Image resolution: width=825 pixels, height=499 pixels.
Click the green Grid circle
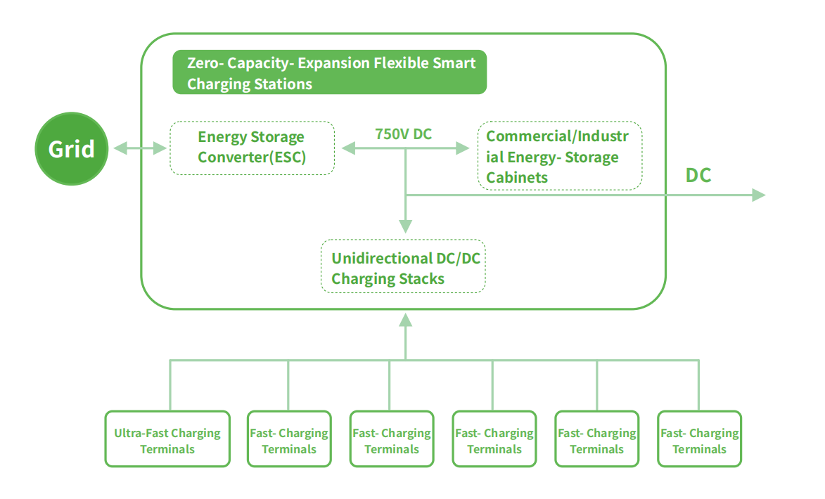click(72, 149)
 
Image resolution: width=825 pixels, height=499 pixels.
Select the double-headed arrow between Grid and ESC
click(140, 148)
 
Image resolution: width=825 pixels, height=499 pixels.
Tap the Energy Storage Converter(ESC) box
click(252, 148)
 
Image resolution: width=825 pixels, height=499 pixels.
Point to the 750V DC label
click(403, 134)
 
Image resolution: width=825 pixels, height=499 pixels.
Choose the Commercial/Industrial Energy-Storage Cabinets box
click(560, 155)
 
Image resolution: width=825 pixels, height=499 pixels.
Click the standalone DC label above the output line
click(698, 175)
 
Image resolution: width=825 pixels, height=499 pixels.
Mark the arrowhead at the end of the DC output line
click(759, 195)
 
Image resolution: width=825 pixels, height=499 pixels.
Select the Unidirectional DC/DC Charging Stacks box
click(403, 266)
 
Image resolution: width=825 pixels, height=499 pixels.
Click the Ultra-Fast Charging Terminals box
click(167, 439)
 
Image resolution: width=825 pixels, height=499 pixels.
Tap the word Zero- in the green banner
click(206, 63)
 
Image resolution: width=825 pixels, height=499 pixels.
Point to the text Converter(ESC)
click(252, 157)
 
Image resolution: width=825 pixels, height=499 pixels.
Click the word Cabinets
click(517, 178)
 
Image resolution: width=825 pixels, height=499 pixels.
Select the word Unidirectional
click(375, 258)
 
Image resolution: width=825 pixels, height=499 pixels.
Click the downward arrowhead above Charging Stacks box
click(405, 226)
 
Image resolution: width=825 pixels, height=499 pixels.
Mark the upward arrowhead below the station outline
click(405, 320)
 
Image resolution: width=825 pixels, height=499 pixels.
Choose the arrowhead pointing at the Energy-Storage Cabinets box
click(463, 148)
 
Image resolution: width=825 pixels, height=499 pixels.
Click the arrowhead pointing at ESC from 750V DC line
click(348, 148)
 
